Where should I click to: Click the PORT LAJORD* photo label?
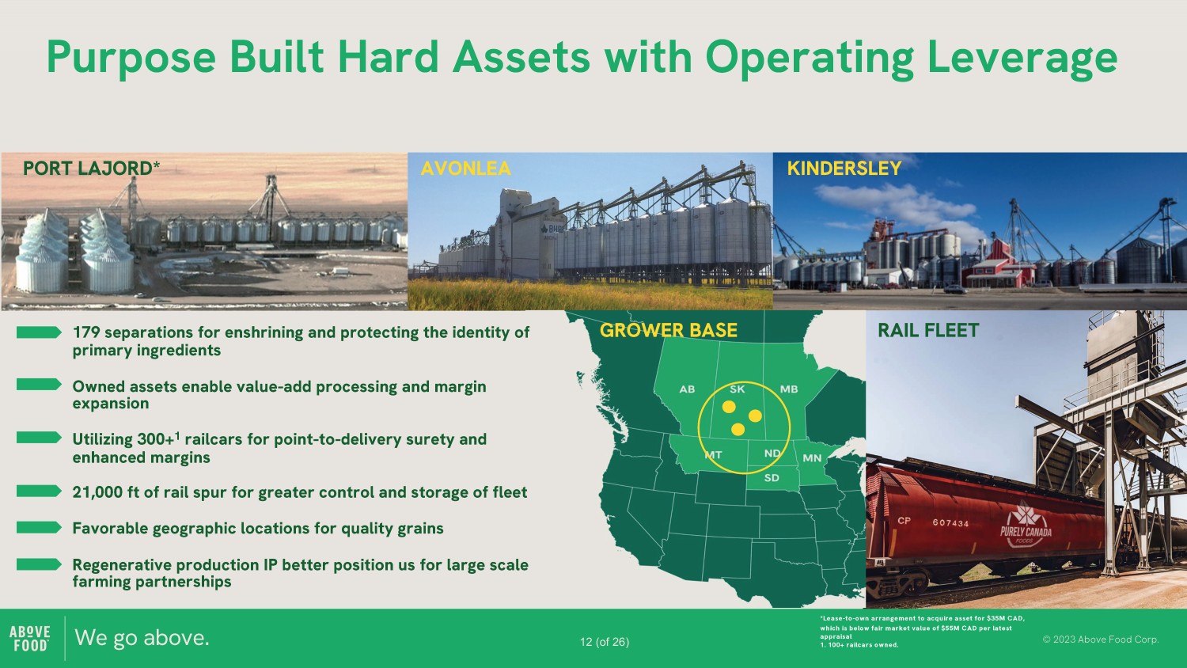(91, 169)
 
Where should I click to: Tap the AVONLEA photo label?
(466, 169)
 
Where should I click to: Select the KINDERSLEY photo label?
(844, 169)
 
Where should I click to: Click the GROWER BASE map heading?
(668, 330)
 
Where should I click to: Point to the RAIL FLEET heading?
(928, 330)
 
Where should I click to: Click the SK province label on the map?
(737, 389)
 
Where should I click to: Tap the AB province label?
(687, 389)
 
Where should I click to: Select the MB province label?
(788, 389)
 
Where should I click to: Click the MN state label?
(812, 457)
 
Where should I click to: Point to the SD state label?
(772, 478)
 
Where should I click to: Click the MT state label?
(713, 455)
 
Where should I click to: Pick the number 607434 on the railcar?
(950, 522)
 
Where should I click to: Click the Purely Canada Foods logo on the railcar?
(1026, 524)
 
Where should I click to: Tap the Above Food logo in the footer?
(30, 638)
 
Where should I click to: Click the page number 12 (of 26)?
(605, 642)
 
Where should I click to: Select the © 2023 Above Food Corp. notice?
(1101, 640)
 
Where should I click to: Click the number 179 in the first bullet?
(86, 332)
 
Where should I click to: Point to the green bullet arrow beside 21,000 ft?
(39, 492)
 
